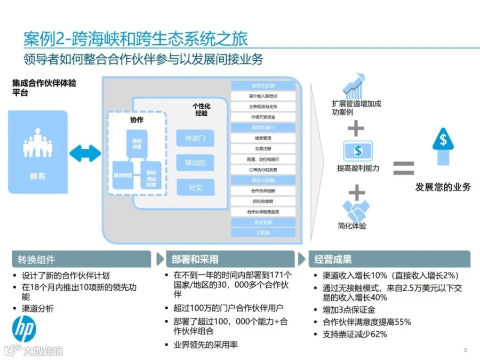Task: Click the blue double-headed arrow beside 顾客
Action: click(85, 153)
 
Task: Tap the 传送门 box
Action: click(195, 139)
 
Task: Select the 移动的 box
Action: click(195, 163)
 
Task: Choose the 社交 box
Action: click(195, 187)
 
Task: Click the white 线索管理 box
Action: click(263, 138)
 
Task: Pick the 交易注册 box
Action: click(263, 149)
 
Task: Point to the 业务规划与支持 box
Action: click(263, 107)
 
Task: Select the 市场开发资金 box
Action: click(263, 117)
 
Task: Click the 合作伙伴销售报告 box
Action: click(263, 212)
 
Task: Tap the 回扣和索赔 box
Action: click(263, 201)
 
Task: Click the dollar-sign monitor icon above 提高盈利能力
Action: click(357, 151)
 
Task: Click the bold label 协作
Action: click(137, 120)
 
